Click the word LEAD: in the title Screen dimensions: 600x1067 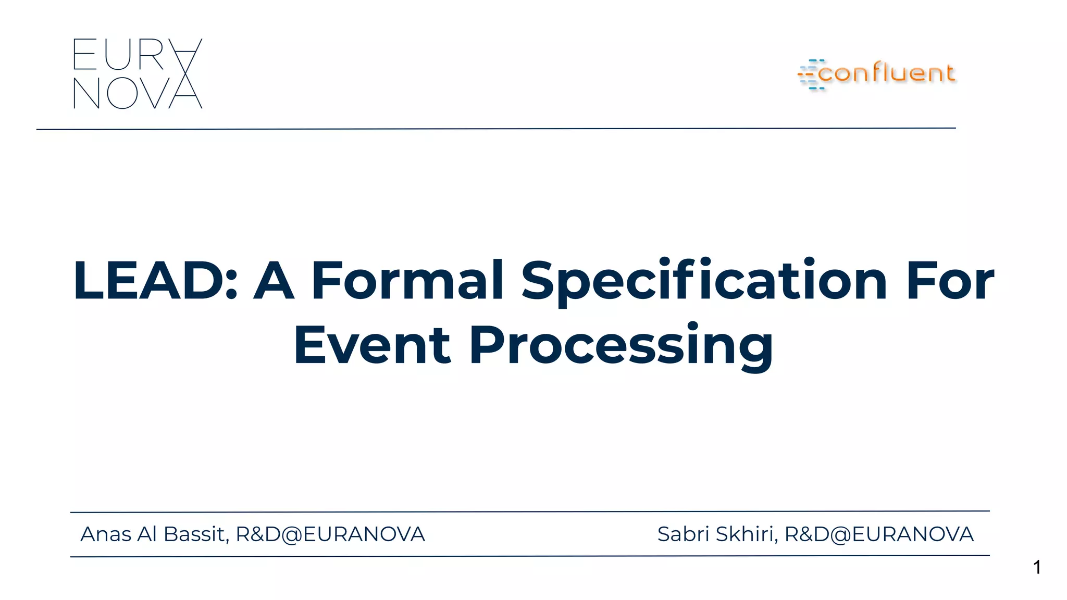pyautogui.click(x=155, y=281)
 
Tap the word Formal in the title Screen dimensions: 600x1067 pyautogui.click(x=407, y=281)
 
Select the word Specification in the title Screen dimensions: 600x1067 pyautogui.click(x=704, y=281)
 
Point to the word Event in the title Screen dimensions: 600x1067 pyautogui.click(x=371, y=345)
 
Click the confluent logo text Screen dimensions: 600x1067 pyautogui.click(x=886, y=73)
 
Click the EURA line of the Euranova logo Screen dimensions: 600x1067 pyautogui.click(x=137, y=54)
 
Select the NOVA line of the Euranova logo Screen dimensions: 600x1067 pyautogui.click(x=137, y=94)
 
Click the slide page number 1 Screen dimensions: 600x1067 pyautogui.click(x=1037, y=567)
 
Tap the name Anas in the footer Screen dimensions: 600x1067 pyautogui.click(x=106, y=534)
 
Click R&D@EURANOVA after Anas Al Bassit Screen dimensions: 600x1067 pyautogui.click(x=330, y=534)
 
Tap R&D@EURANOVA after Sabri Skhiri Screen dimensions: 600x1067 pyautogui.click(x=879, y=534)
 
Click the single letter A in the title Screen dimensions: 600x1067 pyautogui.click(x=274, y=281)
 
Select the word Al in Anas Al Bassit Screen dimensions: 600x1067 pyautogui.click(x=146, y=534)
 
